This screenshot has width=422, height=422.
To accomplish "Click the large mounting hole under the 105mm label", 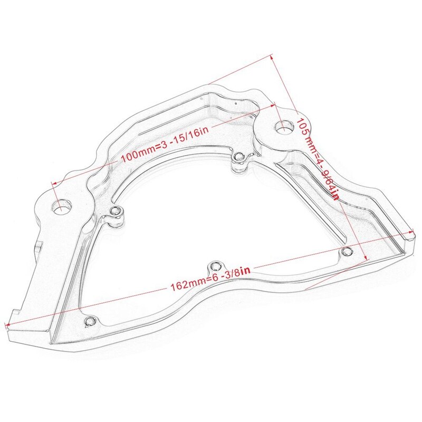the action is pos(284,127).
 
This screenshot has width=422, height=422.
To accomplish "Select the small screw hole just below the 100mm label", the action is pos(239,156).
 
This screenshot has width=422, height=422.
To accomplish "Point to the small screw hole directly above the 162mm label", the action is pos(214,265).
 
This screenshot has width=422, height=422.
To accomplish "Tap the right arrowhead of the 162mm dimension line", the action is pos(414,232).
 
